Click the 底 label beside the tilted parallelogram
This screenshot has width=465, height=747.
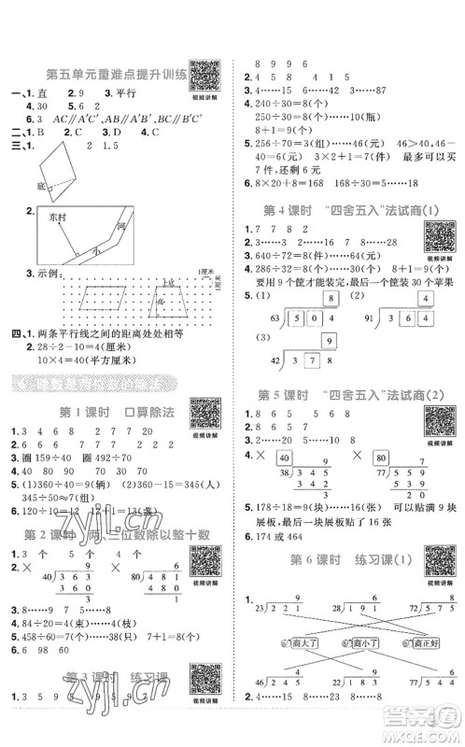[x=38, y=186]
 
